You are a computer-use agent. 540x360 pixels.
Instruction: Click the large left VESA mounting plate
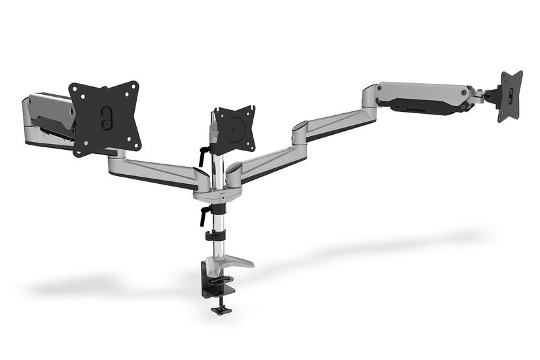105,118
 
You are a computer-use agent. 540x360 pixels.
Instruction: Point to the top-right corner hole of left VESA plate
134,86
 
